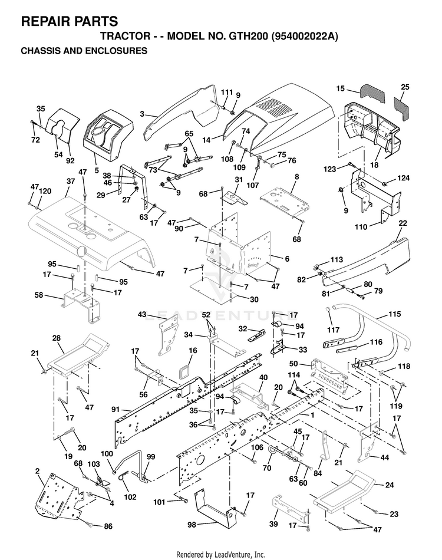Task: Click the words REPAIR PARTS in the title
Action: (70, 21)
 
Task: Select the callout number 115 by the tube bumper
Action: (394, 314)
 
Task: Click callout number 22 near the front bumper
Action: (403, 223)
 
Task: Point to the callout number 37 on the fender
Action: (71, 181)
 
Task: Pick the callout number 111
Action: (227, 92)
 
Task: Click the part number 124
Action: (404, 178)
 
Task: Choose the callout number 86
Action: (108, 526)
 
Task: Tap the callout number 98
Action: (192, 525)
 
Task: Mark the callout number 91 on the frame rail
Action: (116, 410)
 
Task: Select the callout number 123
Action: (329, 169)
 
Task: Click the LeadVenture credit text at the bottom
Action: (221, 554)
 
